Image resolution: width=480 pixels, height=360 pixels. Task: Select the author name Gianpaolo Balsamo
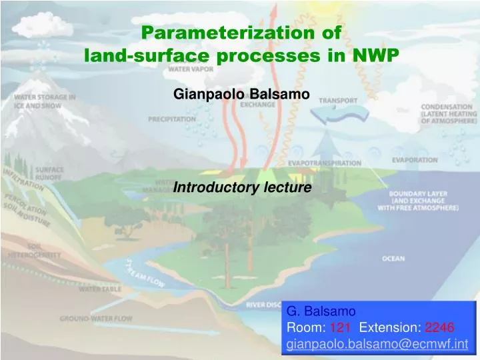(x=241, y=95)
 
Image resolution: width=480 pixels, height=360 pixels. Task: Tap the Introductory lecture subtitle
(x=242, y=188)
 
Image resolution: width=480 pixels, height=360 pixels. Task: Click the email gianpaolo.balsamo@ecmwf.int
(x=377, y=344)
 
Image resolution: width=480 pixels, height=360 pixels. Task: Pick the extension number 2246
(x=440, y=327)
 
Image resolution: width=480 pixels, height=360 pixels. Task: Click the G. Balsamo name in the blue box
(x=317, y=311)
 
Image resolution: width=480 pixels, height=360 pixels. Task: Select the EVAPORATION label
(x=415, y=160)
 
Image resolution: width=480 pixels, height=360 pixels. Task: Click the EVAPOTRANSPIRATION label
(x=325, y=163)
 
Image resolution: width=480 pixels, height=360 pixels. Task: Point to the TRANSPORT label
(x=337, y=101)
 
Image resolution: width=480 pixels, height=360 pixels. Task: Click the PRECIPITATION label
(x=172, y=119)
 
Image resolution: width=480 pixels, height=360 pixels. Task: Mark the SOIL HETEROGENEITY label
(x=35, y=250)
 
